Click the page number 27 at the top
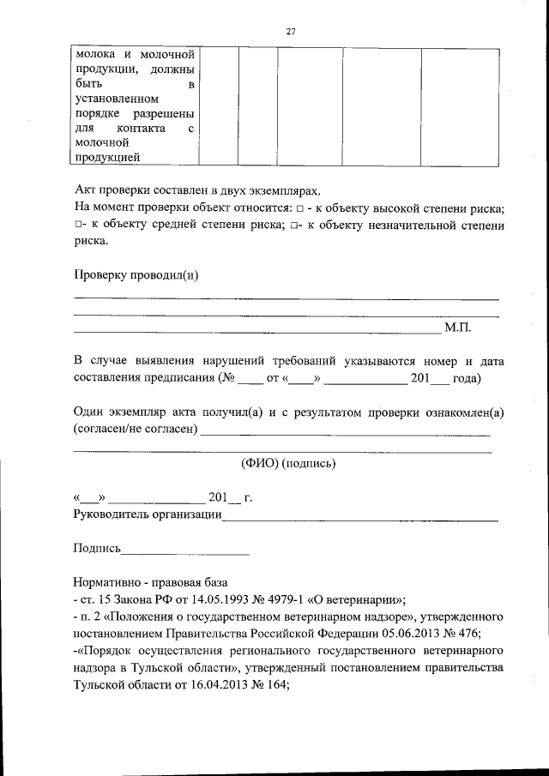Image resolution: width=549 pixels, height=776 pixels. click(x=290, y=32)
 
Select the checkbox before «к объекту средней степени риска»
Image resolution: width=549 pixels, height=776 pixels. click(x=78, y=225)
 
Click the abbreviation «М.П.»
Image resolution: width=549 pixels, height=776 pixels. click(x=457, y=328)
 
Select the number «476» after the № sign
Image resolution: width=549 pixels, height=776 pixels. click(x=467, y=634)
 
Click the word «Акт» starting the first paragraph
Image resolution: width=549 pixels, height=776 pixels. click(x=84, y=191)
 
